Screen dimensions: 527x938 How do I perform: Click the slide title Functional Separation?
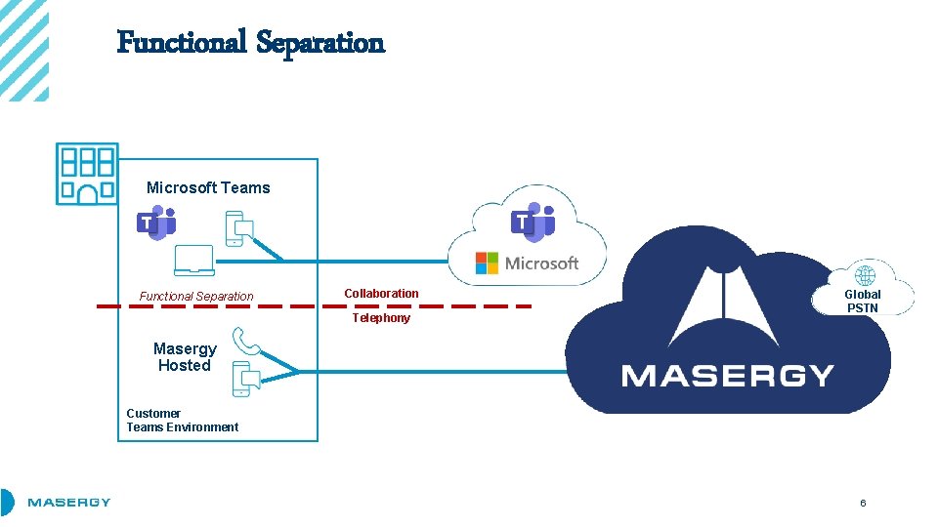pyautogui.click(x=250, y=42)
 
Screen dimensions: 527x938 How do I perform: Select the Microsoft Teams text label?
pyautogui.click(x=208, y=187)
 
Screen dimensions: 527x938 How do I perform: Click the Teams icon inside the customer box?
pyautogui.click(x=155, y=223)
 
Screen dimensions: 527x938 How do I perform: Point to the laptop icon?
pyautogui.click(x=193, y=261)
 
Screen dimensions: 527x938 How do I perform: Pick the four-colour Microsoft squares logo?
pyautogui.click(x=487, y=263)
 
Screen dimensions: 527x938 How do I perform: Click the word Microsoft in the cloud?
pyautogui.click(x=541, y=263)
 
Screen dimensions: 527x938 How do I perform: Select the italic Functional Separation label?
pyautogui.click(x=195, y=296)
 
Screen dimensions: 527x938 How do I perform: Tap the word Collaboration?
pyautogui.click(x=381, y=293)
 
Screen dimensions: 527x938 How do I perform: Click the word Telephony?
pyautogui.click(x=381, y=318)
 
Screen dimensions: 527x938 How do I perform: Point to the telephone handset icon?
pyautogui.click(x=244, y=342)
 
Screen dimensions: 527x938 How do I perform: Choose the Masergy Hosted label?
pyautogui.click(x=185, y=357)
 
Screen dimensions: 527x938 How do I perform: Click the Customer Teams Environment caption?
pyautogui.click(x=182, y=420)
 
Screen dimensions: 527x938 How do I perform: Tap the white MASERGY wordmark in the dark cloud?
pyautogui.click(x=727, y=376)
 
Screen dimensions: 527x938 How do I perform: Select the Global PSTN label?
pyautogui.click(x=863, y=301)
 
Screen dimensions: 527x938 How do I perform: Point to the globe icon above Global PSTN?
pyautogui.click(x=865, y=275)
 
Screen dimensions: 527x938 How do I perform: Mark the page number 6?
pyautogui.click(x=863, y=503)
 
